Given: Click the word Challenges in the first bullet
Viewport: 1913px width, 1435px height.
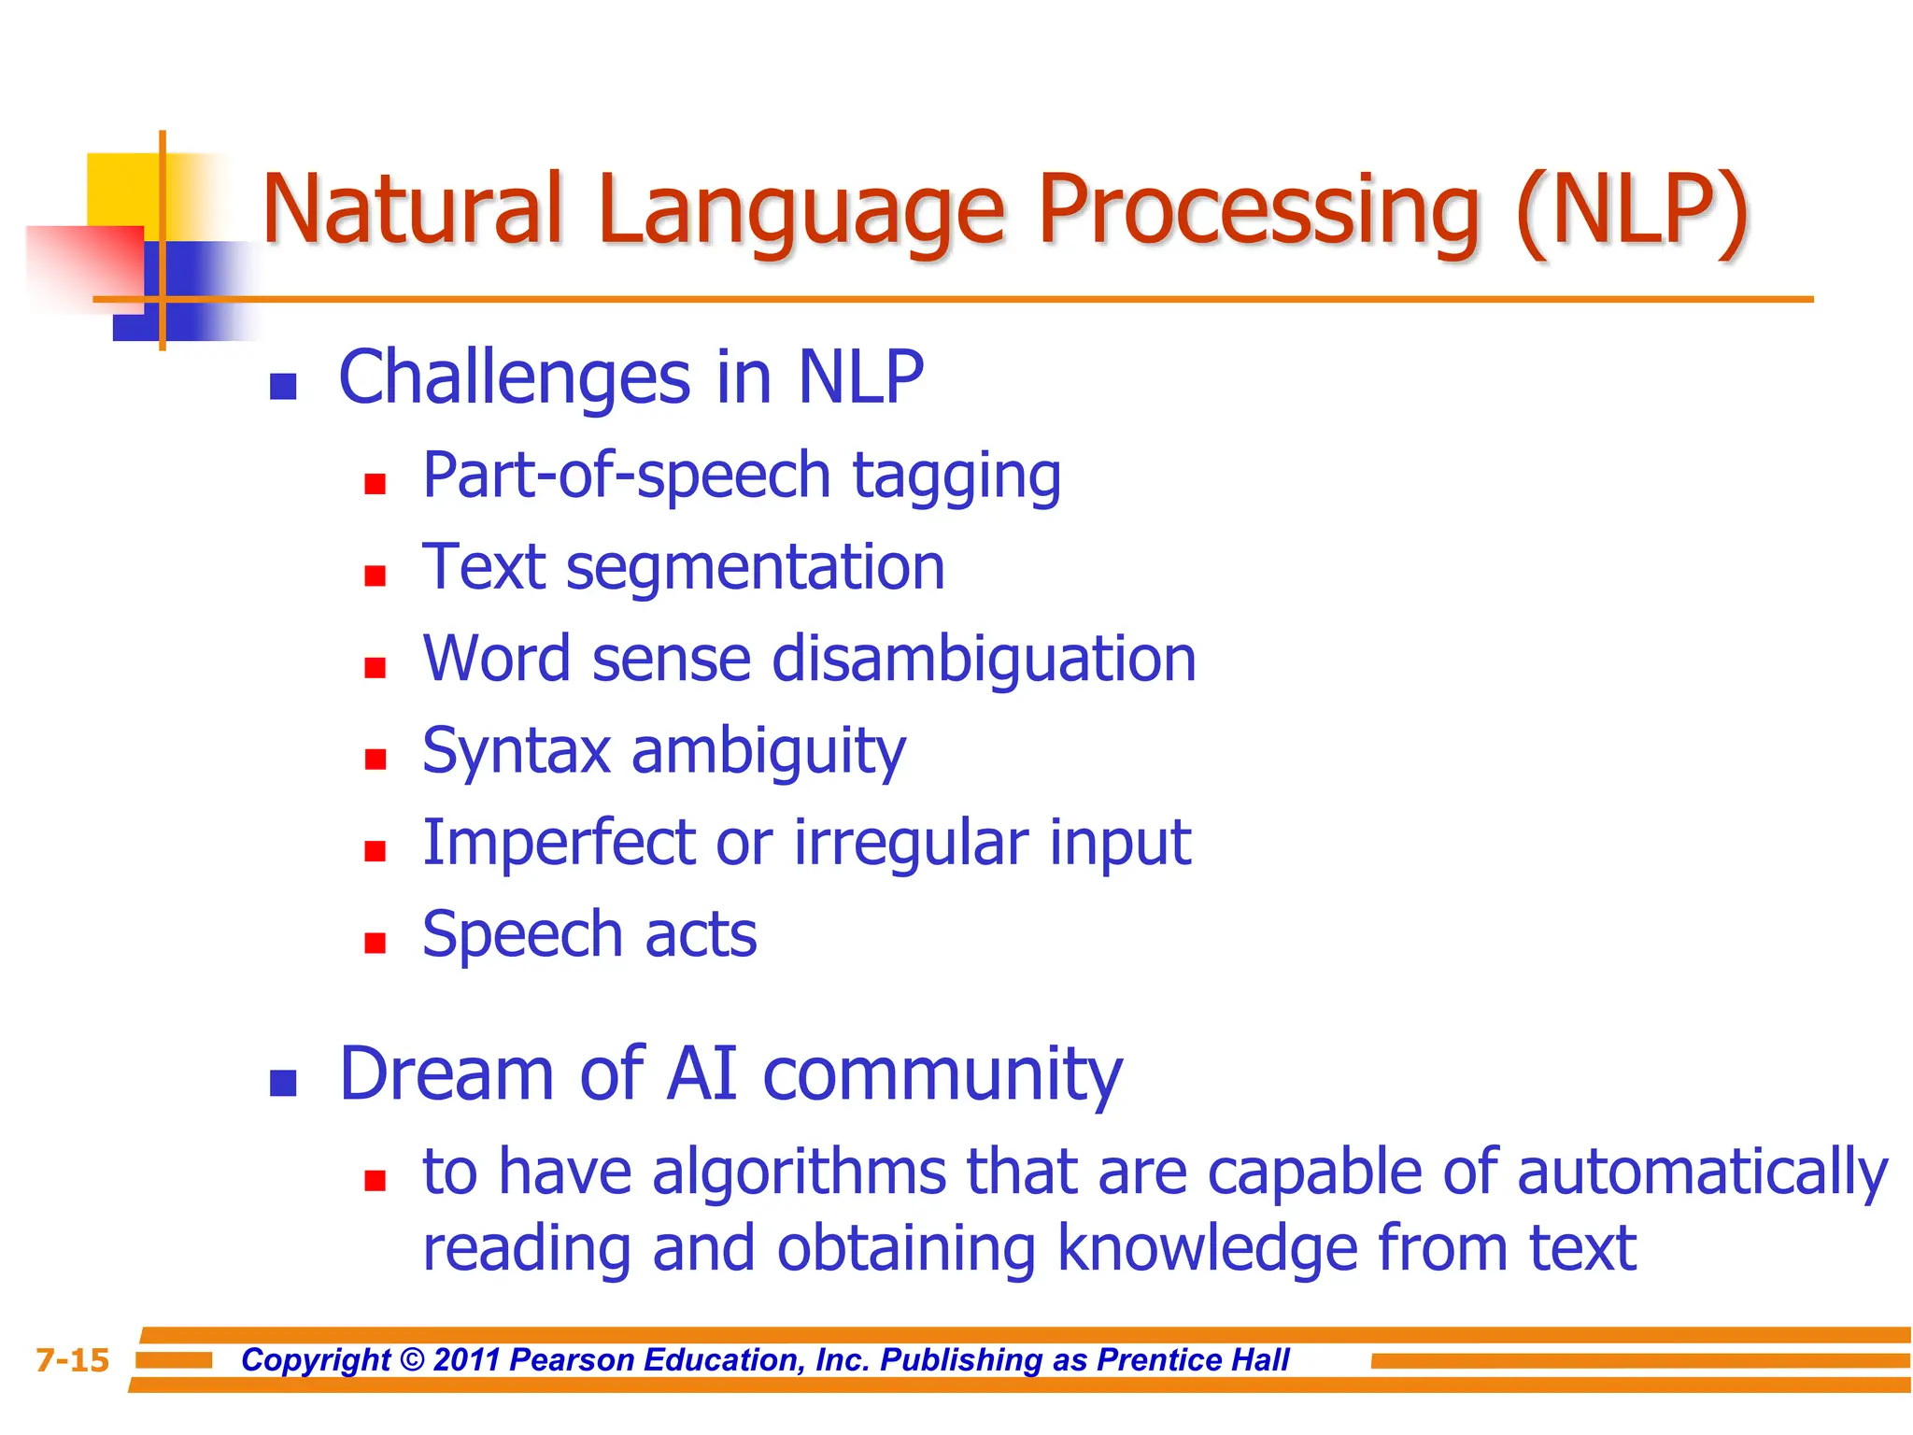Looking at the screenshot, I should click(514, 377).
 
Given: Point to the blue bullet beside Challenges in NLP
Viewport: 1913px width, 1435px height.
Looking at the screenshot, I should click(283, 387).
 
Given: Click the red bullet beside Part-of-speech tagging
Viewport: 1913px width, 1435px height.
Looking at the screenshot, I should click(376, 484).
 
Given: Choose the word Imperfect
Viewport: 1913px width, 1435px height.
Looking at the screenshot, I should click(559, 843).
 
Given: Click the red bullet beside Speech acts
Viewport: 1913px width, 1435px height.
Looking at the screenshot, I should click(376, 943).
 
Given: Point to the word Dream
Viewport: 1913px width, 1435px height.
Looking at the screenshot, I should click(447, 1073).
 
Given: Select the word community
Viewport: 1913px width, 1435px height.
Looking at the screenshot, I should click(942, 1075).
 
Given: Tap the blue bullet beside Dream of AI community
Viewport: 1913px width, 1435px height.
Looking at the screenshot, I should click(283, 1083).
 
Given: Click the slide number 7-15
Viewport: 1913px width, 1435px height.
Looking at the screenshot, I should click(73, 1360).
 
